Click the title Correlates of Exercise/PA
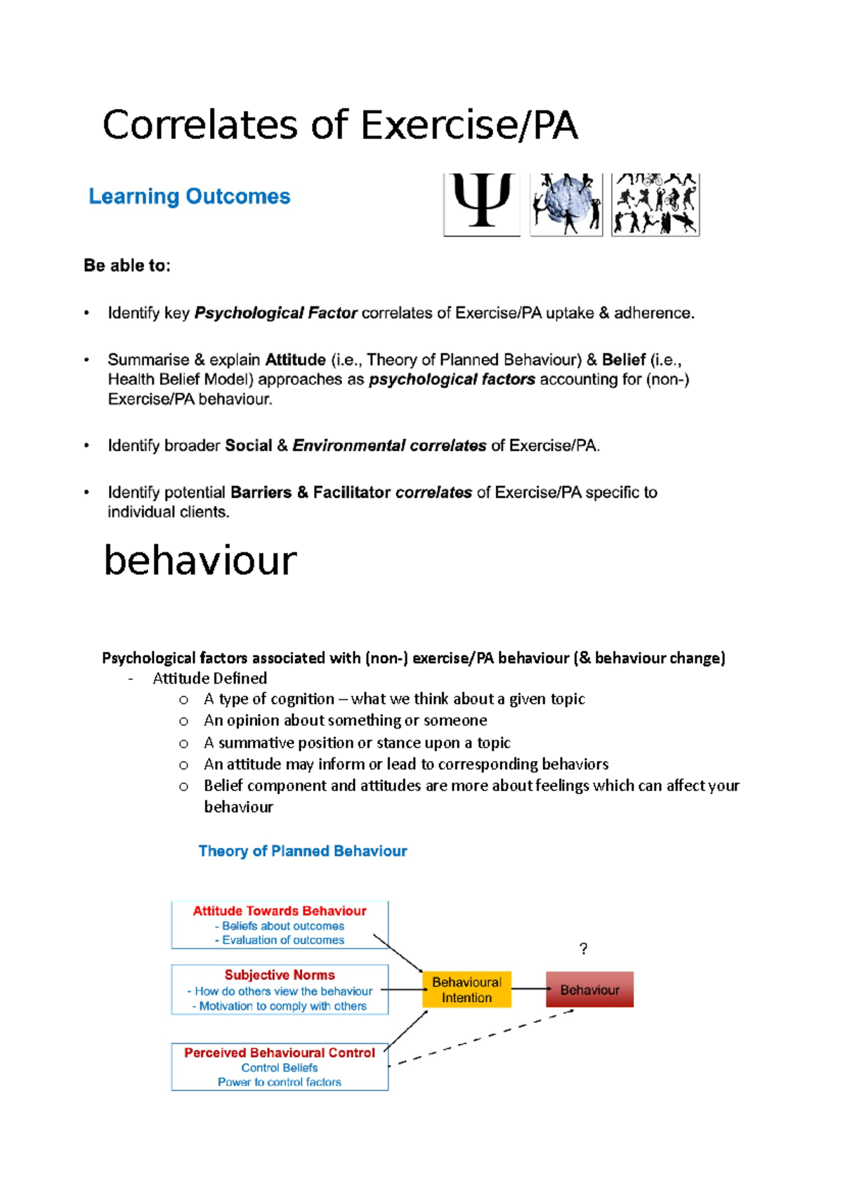[340, 126]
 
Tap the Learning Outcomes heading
[189, 197]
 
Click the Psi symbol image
[481, 204]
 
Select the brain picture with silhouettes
[566, 204]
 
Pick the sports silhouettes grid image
[655, 204]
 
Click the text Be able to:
[127, 266]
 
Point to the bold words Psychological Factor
[275, 313]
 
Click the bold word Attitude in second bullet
[295, 360]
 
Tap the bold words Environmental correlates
[389, 446]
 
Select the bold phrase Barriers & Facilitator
[310, 493]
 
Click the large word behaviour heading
[200, 561]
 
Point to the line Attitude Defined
[209, 679]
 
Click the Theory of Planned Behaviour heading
[303, 852]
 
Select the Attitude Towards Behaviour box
[280, 925]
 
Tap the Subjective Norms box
[280, 990]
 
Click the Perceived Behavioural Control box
[280, 1067]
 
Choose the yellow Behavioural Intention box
[466, 990]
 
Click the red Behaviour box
[589, 990]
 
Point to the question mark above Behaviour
[583, 949]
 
